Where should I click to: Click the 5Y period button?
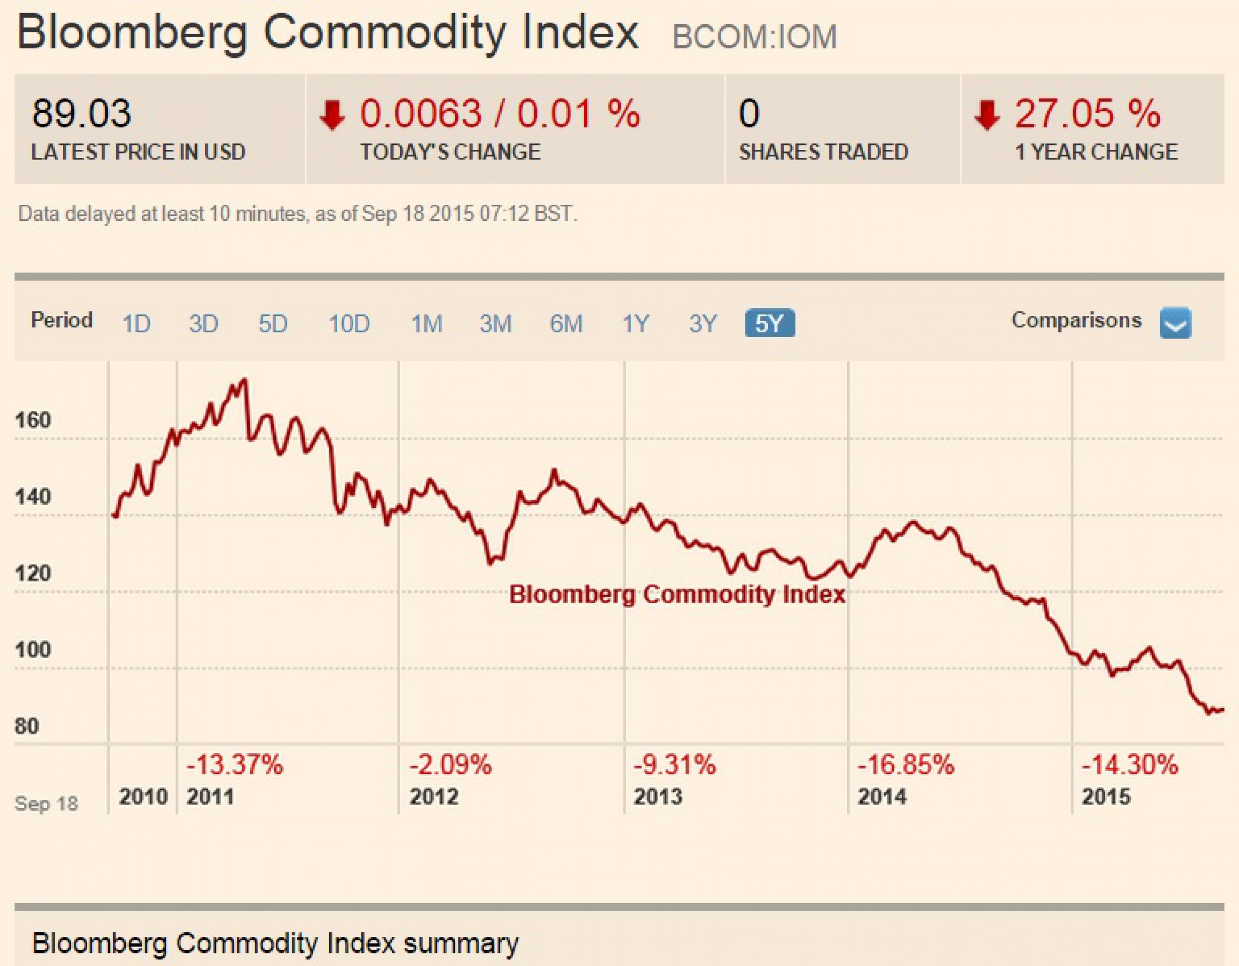[770, 324]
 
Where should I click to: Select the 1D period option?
[136, 324]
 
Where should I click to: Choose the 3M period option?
[495, 324]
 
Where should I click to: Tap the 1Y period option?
[636, 324]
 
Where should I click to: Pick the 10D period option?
[349, 324]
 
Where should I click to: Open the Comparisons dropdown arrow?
[1176, 323]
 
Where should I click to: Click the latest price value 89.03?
[81, 113]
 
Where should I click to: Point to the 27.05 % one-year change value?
[1087, 113]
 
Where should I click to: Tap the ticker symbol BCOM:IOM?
[754, 37]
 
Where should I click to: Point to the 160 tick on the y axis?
[33, 420]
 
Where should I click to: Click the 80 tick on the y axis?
[27, 726]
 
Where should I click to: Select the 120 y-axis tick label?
[33, 574]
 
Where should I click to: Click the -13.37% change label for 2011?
[235, 765]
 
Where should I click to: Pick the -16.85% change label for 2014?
[906, 765]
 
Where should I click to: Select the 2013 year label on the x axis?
[658, 797]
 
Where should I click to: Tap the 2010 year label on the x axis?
[143, 797]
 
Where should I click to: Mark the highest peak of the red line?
[245, 379]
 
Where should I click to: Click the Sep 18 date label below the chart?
[46, 804]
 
